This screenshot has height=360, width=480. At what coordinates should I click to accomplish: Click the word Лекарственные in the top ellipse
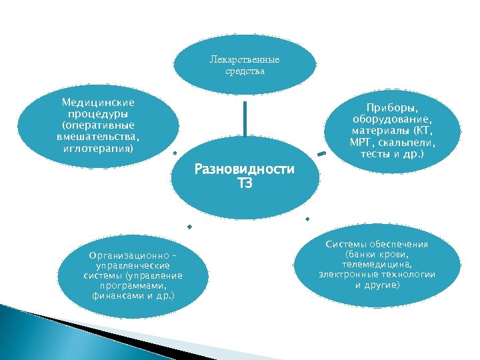pos(244,59)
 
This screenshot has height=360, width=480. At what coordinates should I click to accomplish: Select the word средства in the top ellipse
pos(245,71)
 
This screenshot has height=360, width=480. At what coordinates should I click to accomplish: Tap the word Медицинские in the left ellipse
pos(98,103)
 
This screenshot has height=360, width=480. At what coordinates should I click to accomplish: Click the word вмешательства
pos(98,137)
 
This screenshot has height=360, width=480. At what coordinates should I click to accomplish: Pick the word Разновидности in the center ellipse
pos(244,169)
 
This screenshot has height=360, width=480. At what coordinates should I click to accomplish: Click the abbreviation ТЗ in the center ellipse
pos(244,183)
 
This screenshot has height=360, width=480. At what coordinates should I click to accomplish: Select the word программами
pos(133,285)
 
